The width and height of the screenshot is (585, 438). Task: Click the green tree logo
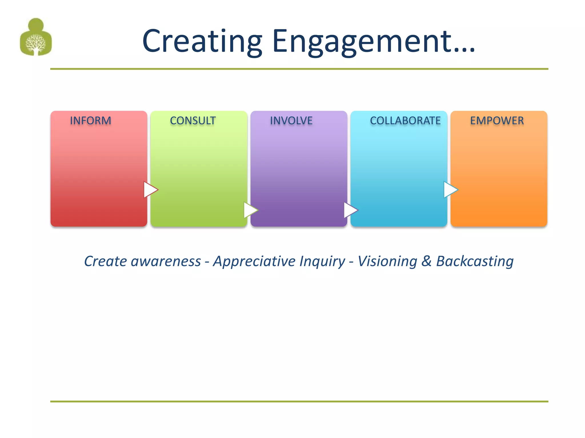pos(36,37)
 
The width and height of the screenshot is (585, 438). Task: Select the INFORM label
pos(91,121)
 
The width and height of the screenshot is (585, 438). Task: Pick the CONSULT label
pos(193,121)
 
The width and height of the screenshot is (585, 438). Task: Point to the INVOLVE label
pos(291,121)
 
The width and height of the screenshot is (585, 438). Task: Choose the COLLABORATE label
pos(405,121)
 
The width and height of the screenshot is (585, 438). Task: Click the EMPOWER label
pos(497,121)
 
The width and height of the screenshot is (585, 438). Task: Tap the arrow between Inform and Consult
pos(151,190)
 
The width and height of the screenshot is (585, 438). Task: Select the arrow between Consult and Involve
pos(251,210)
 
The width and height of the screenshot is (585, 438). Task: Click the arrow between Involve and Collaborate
pos(350,210)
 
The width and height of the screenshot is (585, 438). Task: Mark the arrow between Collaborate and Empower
pos(450,190)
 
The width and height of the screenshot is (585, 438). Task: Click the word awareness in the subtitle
pos(166,261)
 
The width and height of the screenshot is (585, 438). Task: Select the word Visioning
pos(387,261)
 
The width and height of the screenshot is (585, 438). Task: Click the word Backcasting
pos(475,261)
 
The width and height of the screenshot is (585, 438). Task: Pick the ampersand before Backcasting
pos(426,261)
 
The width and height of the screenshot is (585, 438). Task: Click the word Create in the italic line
pos(105,261)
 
